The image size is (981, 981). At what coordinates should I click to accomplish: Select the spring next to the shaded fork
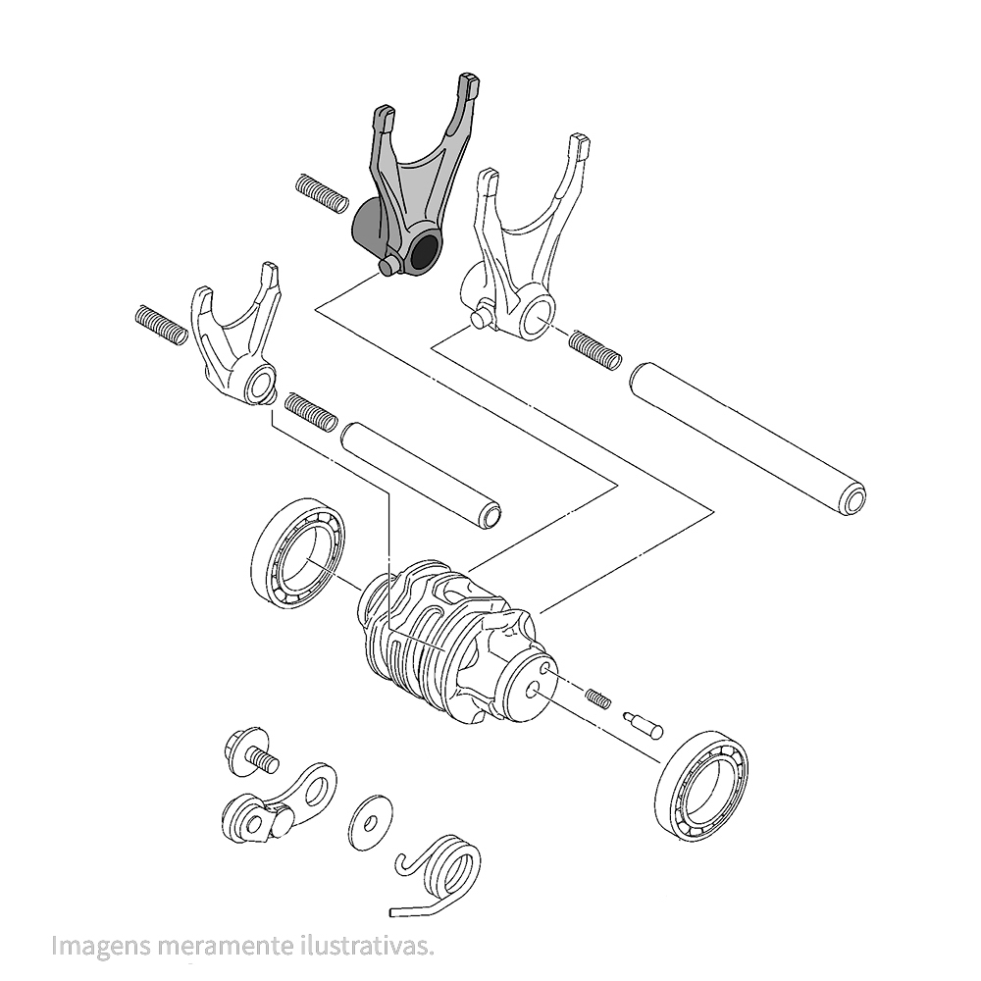[x=322, y=194]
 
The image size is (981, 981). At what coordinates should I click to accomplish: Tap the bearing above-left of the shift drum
[x=298, y=553]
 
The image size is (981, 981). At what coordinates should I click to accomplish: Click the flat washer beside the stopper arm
[x=370, y=823]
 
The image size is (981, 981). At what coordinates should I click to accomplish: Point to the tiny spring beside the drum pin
[x=598, y=697]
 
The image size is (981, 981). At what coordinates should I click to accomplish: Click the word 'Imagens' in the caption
[x=101, y=945]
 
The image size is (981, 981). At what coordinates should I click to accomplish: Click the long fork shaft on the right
[x=749, y=438]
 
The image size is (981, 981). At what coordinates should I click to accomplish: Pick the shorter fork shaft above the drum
[x=421, y=474]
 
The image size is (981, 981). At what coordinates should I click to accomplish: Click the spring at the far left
[x=161, y=324]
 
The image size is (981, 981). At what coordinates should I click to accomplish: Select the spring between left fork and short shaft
[x=311, y=412]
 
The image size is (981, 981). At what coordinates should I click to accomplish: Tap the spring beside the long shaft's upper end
[x=595, y=350]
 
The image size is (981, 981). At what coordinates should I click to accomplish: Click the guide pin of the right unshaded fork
[x=482, y=314]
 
